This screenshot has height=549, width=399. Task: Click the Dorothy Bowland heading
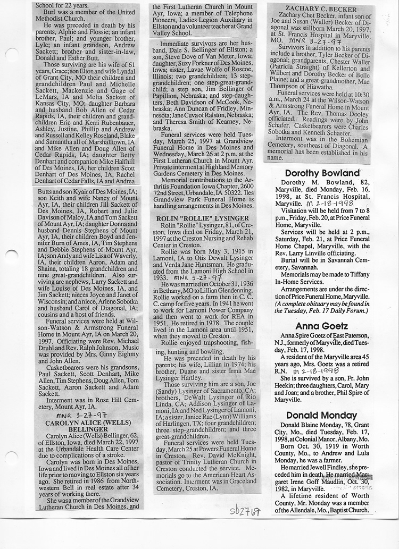pos(322,173)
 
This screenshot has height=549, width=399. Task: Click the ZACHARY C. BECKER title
pos(320,9)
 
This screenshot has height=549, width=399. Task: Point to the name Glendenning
pos(230,292)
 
